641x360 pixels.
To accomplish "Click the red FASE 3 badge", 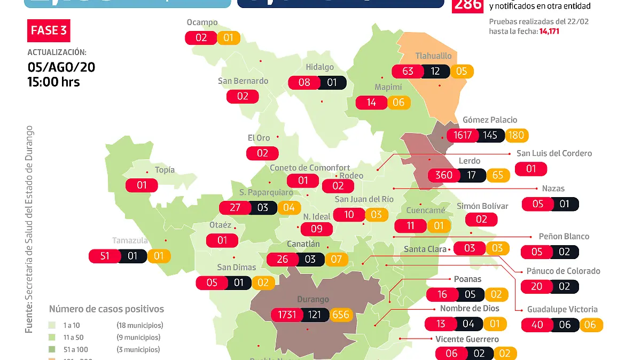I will (49, 30).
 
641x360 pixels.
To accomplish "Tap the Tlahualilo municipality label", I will (434, 56).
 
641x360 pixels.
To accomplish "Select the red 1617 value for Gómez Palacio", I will (463, 135).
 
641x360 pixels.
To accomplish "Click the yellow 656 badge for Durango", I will (340, 315).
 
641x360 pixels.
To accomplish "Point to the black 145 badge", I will (490, 135).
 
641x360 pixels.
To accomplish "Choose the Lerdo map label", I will (470, 161).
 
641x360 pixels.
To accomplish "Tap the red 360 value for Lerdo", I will (444, 175).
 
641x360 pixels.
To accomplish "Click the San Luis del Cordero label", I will (554, 153).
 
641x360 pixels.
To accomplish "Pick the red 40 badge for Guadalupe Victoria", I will (536, 325).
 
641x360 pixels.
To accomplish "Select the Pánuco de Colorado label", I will (563, 271).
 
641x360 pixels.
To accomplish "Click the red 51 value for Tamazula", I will (105, 256).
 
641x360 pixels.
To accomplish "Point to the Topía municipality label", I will (165, 170).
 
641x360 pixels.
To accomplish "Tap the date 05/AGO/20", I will (61, 67).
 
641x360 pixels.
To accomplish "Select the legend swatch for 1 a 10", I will (52, 325).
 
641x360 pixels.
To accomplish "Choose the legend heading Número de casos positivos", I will (106, 309).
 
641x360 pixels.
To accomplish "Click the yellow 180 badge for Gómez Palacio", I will (516, 135).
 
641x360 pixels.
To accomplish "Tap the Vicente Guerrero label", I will (467, 339).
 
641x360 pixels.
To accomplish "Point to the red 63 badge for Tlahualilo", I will (408, 71).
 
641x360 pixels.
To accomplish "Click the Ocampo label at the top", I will (202, 22).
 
